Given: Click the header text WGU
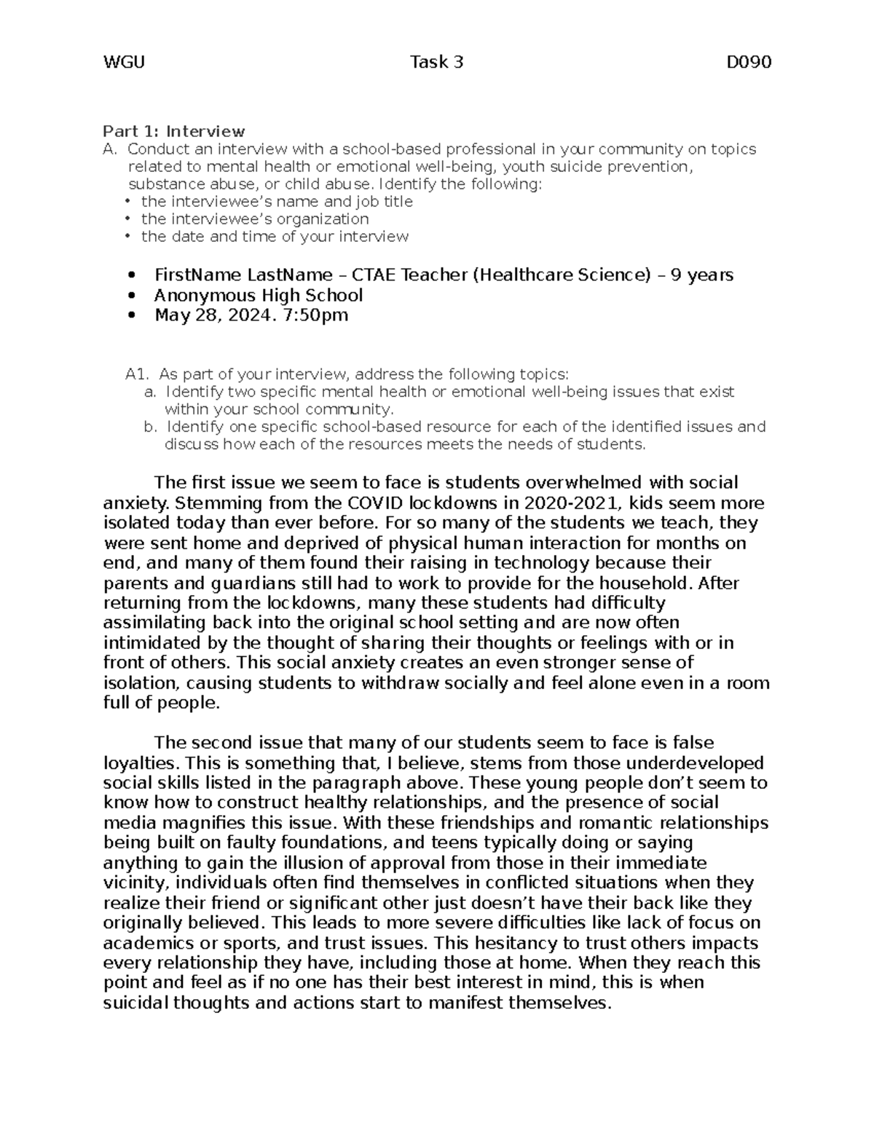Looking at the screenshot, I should pyautogui.click(x=124, y=63).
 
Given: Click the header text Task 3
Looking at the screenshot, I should pyautogui.click(x=436, y=63).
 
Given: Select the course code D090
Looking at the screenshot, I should pyautogui.click(x=749, y=63).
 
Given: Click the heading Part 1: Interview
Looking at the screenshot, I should pyautogui.click(x=173, y=132).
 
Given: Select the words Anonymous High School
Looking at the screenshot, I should pyautogui.click(x=258, y=296).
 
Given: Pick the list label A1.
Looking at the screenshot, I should pyautogui.click(x=137, y=375).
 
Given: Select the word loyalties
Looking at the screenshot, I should pyautogui.click(x=141, y=763).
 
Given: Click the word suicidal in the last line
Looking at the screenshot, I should pyautogui.click(x=140, y=1004).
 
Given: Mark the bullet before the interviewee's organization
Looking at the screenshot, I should pyautogui.click(x=127, y=219).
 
